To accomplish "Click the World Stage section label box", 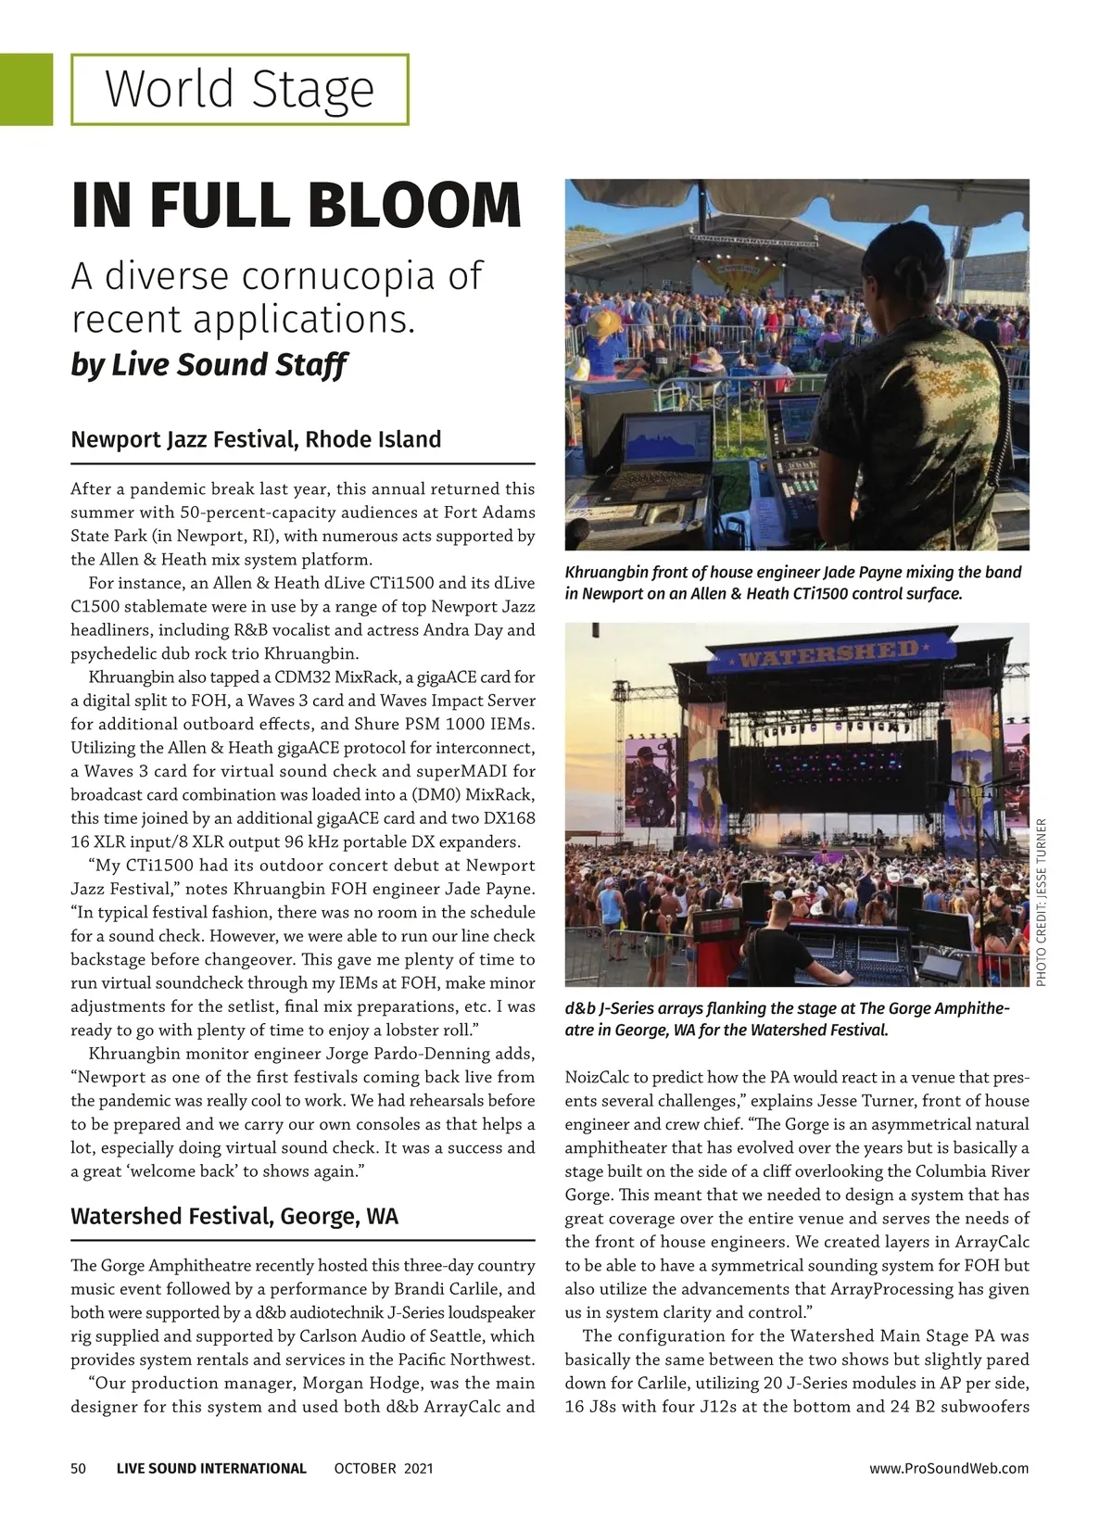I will pyautogui.click(x=239, y=90).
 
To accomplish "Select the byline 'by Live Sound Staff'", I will pyautogui.click(x=208, y=364).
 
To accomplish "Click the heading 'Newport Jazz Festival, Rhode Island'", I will pyautogui.click(x=256, y=439).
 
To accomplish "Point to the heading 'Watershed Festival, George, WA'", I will pyautogui.click(x=234, y=1216).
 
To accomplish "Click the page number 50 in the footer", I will pyautogui.click(x=79, y=1468).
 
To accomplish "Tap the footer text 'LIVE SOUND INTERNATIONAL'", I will pyautogui.click(x=211, y=1468).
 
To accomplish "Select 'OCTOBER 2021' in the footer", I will pyautogui.click(x=384, y=1468).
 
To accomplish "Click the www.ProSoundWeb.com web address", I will pyautogui.click(x=949, y=1468).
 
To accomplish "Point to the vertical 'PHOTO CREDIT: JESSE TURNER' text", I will pyautogui.click(x=1041, y=902).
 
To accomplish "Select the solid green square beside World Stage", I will pyautogui.click(x=26, y=89).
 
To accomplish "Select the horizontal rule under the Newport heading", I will pyautogui.click(x=303, y=463).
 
